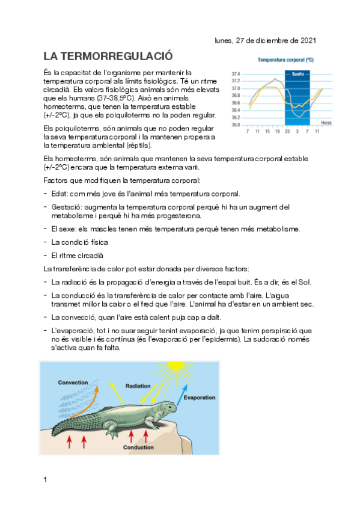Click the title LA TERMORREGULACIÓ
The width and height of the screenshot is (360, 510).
(x=108, y=57)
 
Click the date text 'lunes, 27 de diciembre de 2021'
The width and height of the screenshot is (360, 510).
(x=265, y=41)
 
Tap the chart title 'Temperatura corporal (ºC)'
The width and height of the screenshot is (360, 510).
(x=286, y=60)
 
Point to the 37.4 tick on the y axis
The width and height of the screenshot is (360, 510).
(x=236, y=74)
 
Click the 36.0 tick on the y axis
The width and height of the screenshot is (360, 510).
(x=236, y=124)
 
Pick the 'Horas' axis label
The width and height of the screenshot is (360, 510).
(x=326, y=123)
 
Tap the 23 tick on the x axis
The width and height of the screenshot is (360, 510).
(x=287, y=131)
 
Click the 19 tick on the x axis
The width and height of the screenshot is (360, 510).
(x=277, y=131)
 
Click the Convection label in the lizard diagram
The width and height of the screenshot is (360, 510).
(x=73, y=382)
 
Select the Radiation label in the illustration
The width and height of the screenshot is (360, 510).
(x=138, y=385)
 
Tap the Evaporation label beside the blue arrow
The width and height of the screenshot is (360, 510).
(x=200, y=398)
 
